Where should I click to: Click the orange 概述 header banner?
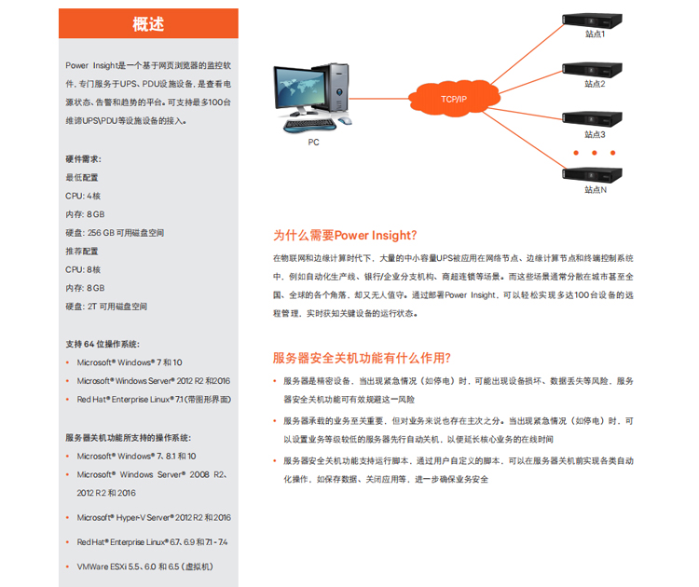(148, 24)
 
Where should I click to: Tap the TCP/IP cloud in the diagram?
(455, 99)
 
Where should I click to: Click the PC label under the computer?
(313, 143)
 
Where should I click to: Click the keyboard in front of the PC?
(310, 124)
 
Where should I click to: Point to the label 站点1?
(595, 34)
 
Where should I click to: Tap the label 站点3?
(595, 134)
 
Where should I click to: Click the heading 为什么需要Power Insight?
(345, 236)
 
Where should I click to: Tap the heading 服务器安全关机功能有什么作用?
(362, 358)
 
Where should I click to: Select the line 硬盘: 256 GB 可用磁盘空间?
(115, 233)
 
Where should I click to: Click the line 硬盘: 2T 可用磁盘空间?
(106, 307)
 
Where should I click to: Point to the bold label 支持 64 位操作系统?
(103, 344)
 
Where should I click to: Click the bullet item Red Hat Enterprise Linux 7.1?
(154, 399)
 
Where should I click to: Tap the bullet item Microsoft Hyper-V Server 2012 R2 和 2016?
(154, 517)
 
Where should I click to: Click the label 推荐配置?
(81, 252)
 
